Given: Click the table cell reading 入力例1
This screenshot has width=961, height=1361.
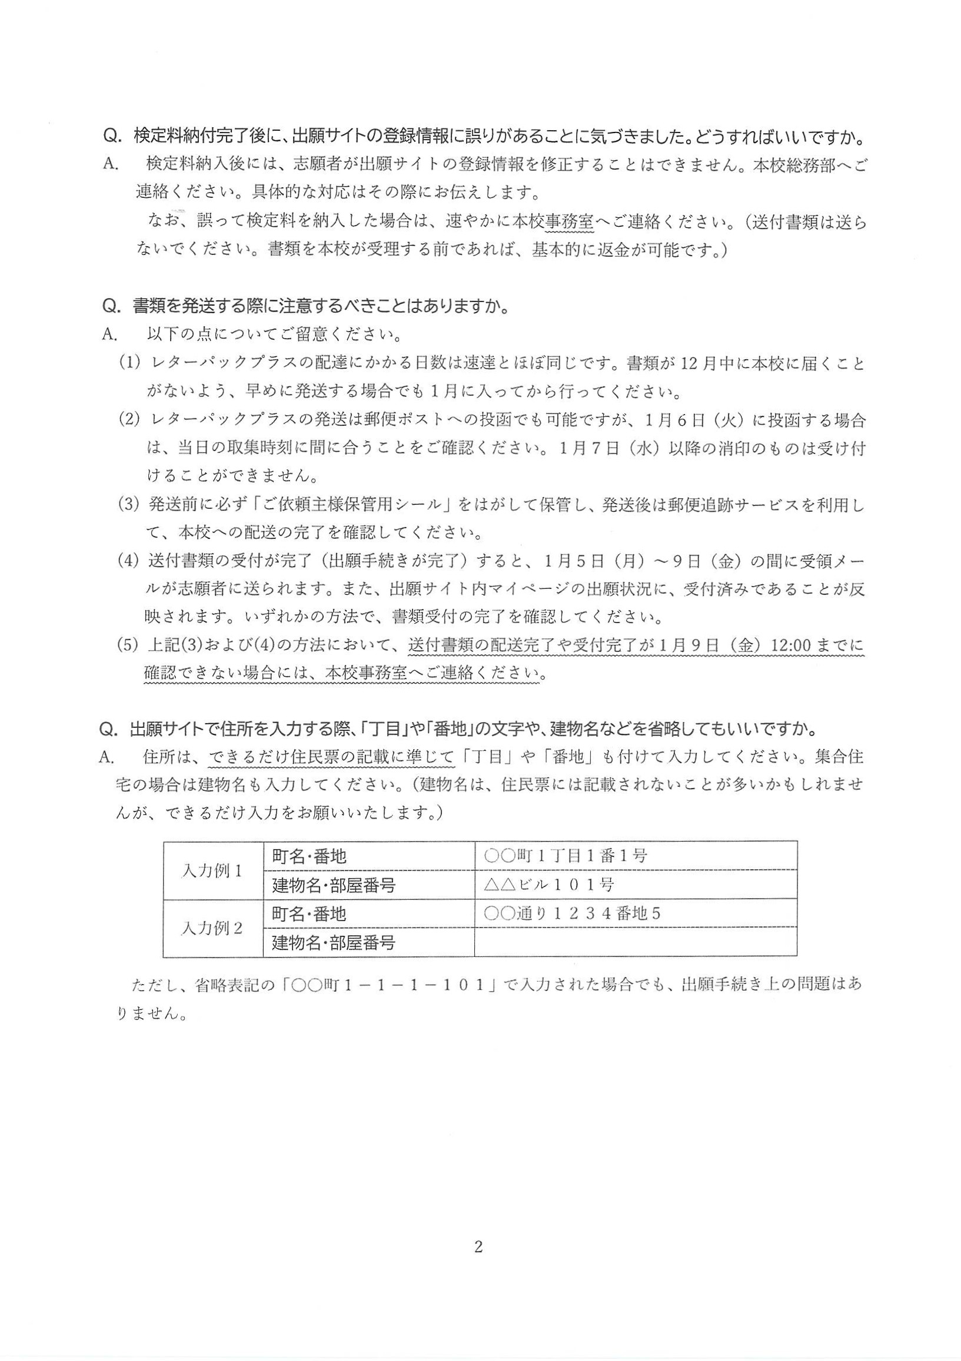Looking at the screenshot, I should [x=212, y=871].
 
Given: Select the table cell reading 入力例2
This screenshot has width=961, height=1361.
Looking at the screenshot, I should [x=212, y=928].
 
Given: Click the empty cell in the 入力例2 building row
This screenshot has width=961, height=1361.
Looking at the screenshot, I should [x=635, y=942].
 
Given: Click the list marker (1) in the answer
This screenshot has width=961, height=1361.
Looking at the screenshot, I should [x=128, y=363].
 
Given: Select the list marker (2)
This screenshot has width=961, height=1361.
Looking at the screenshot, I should [x=128, y=421].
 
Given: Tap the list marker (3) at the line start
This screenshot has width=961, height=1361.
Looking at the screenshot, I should [x=128, y=506].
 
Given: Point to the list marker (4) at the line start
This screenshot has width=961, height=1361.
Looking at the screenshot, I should [x=128, y=561].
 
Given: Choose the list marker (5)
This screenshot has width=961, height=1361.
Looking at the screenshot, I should [x=128, y=645].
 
